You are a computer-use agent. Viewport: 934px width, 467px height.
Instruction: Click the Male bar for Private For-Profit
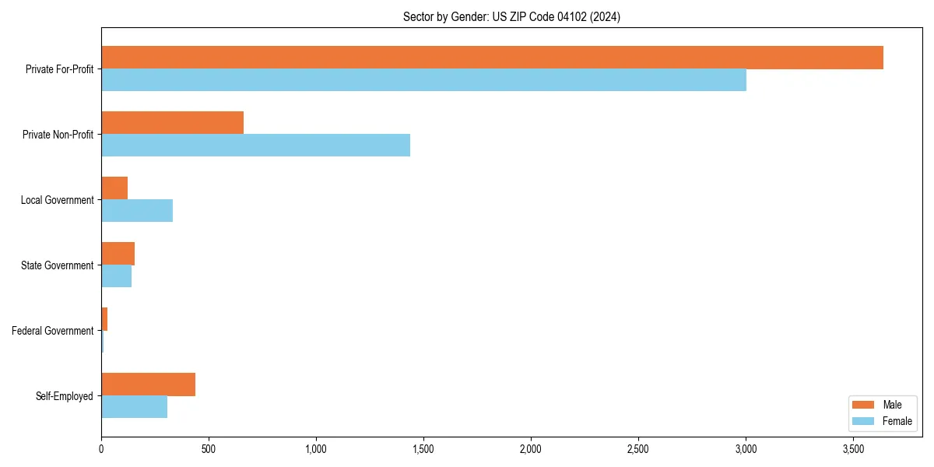492,58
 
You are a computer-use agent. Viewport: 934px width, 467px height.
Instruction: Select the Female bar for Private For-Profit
423,80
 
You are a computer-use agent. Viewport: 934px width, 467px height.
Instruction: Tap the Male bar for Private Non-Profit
172,123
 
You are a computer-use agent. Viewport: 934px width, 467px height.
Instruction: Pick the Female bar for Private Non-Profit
255,146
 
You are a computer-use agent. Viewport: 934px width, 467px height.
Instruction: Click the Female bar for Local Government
137,211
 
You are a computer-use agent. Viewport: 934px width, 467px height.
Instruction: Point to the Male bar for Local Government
114,188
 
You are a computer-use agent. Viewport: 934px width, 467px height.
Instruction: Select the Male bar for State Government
118,254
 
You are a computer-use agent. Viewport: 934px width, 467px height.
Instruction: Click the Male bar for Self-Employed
148,384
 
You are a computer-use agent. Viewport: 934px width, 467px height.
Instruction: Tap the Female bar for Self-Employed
134,407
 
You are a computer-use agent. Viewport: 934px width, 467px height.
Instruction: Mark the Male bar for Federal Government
104,319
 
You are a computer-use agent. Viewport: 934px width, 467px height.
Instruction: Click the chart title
511,16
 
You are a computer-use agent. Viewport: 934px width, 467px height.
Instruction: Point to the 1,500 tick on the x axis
423,450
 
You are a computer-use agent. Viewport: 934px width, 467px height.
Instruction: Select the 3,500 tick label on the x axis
853,450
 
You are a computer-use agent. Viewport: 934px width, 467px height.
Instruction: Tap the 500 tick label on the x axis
209,450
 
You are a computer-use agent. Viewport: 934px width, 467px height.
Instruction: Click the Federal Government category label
53,331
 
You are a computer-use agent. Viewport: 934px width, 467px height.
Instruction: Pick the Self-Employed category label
65,396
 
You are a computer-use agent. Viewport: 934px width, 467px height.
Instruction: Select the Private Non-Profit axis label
58,135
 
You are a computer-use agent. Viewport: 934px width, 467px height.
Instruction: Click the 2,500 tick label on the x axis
638,450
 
